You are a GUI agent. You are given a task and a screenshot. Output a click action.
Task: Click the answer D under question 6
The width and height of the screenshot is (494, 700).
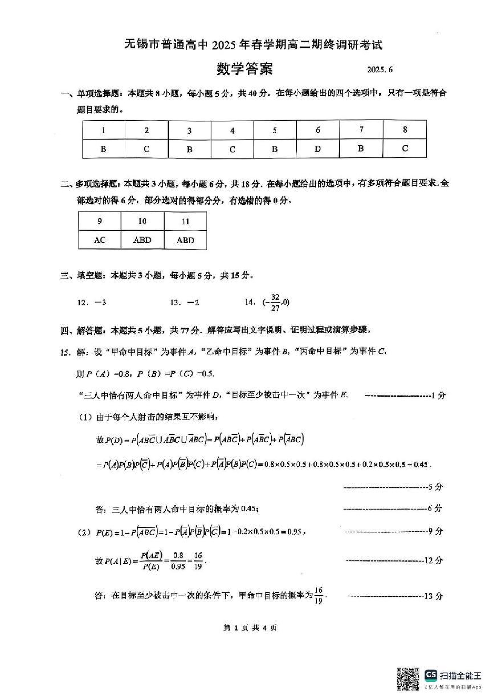point(318,149)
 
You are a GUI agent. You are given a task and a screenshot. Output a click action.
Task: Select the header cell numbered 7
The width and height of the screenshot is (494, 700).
point(361,130)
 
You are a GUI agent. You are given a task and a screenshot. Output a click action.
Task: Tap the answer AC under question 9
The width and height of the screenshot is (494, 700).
point(100,240)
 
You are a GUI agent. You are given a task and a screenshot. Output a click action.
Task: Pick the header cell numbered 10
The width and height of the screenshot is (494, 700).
point(142,221)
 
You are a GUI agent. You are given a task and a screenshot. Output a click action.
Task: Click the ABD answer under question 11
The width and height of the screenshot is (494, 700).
point(185,240)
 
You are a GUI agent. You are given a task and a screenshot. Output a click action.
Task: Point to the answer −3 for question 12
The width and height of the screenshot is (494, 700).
point(100,302)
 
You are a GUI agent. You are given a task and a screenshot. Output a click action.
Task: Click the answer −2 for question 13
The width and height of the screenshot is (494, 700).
point(193,302)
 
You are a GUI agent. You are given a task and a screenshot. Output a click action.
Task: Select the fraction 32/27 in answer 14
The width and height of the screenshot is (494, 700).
point(275,302)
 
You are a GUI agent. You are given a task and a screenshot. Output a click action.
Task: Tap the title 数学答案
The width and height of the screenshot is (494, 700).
point(245,69)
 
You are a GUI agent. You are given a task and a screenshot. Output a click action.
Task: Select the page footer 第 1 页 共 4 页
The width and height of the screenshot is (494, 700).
point(250,628)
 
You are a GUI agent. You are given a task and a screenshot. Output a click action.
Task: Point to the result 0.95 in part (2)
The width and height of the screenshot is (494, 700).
point(294,532)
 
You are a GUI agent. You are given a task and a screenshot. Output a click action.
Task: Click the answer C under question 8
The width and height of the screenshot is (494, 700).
point(405,149)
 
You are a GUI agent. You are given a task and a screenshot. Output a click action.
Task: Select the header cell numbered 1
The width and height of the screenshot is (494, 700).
point(104,131)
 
